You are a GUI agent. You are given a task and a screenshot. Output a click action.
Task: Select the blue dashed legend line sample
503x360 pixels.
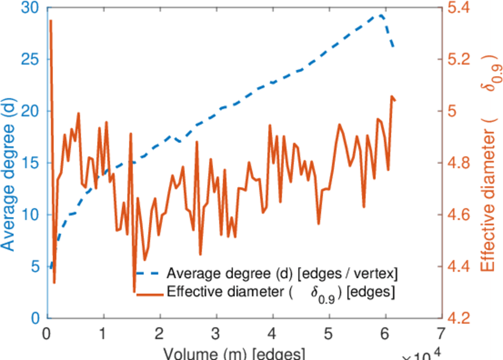tap(149, 274)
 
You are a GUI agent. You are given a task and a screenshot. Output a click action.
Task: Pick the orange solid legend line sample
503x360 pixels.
tap(149, 293)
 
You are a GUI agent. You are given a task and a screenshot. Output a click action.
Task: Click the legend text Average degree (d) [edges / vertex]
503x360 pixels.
tap(282, 274)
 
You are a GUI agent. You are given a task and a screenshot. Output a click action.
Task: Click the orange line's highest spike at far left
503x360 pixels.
tap(50, 21)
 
